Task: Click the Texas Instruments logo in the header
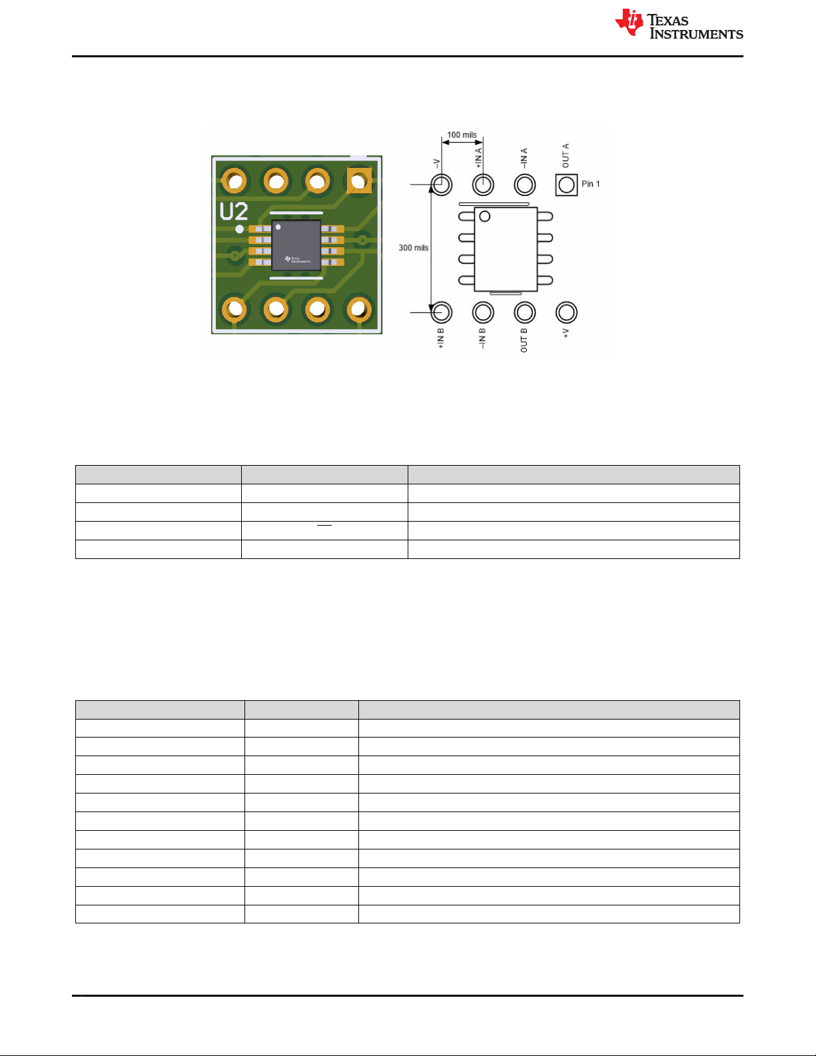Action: [x=678, y=25]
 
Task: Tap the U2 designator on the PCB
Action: [x=234, y=211]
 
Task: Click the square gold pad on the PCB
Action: [x=359, y=180]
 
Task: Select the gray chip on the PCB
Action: [x=296, y=245]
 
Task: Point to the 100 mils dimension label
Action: [x=462, y=135]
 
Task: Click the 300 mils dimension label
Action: [x=413, y=248]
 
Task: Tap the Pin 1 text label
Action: [x=591, y=184]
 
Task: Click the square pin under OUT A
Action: [x=566, y=185]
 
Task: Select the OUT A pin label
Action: [x=566, y=155]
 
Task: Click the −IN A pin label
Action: [x=524, y=157]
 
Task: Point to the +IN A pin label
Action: [x=479, y=158]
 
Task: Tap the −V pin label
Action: [x=437, y=163]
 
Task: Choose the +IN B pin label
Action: [x=440, y=338]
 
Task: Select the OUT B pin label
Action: [x=524, y=340]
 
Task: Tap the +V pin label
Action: [x=566, y=333]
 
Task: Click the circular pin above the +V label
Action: [x=566, y=312]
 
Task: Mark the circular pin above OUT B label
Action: [x=525, y=312]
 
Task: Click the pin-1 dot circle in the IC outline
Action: [x=485, y=216]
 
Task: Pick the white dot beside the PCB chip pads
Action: [x=239, y=229]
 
